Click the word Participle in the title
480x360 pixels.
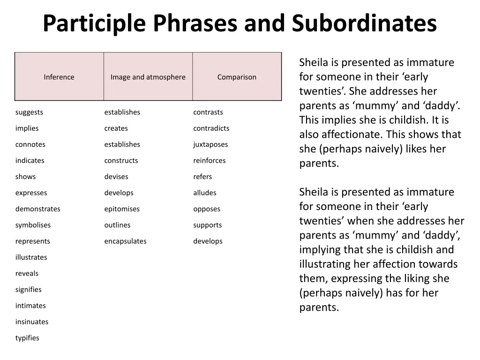[x=94, y=23]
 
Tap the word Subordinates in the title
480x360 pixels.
[x=364, y=23]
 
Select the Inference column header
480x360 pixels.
[x=59, y=76]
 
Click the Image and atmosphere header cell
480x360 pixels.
[x=148, y=76]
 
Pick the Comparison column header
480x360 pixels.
[x=237, y=76]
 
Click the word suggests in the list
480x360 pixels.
[x=29, y=112]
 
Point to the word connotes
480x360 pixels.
[x=30, y=144]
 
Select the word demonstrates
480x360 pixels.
[x=38, y=209]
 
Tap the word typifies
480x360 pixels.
[x=27, y=338]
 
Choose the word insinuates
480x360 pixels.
[x=32, y=322]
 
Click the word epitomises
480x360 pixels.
[x=122, y=209]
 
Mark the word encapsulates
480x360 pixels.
[x=126, y=241]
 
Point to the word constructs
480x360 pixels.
[x=121, y=161]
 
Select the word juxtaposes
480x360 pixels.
[x=210, y=144]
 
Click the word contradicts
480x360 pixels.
[x=211, y=128]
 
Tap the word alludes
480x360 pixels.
[x=205, y=193]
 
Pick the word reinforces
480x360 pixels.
[x=210, y=161]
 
